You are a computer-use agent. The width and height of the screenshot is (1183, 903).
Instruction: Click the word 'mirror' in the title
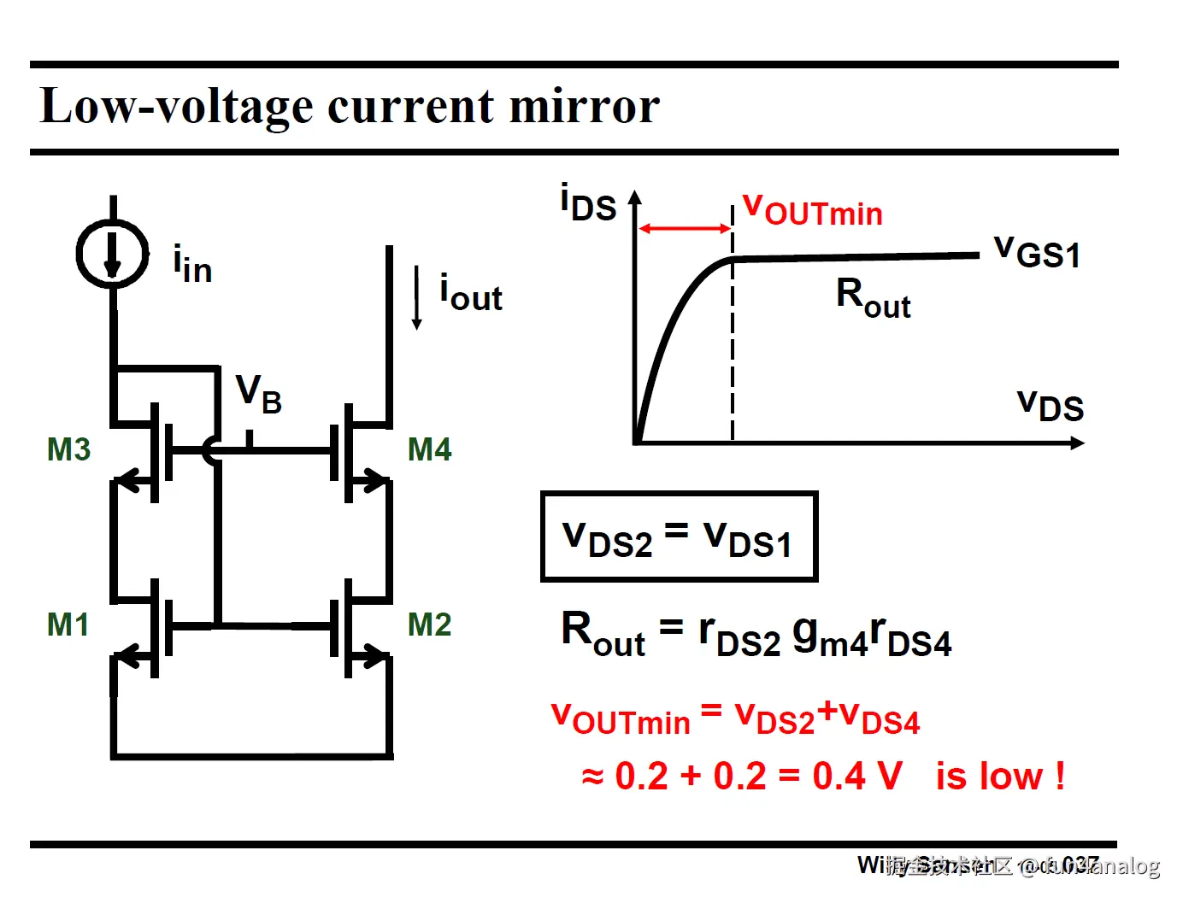584,106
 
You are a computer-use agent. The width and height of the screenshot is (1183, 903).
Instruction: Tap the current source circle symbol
113,254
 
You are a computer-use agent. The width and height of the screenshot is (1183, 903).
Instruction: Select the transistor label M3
68,449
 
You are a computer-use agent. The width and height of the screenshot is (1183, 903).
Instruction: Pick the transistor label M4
429,449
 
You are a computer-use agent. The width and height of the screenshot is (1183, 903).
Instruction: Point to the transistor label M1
68,624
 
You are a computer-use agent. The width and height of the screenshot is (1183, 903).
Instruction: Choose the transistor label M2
429,624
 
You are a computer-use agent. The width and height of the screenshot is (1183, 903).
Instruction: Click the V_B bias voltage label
258,395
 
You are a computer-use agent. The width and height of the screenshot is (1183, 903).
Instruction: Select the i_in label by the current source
192,265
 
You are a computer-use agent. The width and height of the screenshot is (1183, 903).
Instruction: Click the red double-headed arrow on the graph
685,229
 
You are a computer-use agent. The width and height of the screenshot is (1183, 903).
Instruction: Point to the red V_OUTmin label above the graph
812,209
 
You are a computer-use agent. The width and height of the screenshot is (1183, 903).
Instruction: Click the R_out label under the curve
873,298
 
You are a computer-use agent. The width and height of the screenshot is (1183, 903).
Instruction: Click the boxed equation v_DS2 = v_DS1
679,537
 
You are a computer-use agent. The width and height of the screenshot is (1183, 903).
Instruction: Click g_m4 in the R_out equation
828,637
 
